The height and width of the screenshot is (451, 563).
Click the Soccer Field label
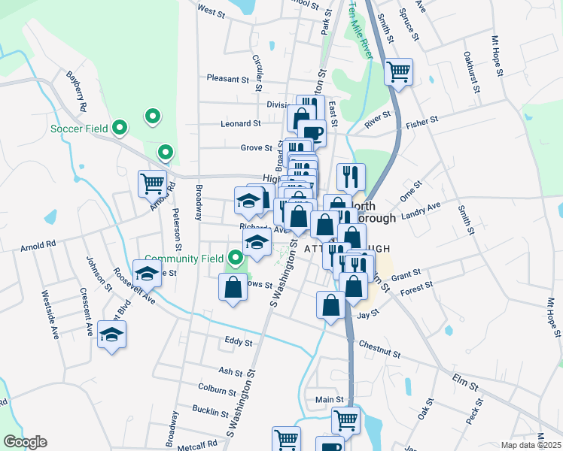(x=80, y=129)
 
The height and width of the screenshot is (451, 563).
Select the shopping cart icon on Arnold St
(x=152, y=183)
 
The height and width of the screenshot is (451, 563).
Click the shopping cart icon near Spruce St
(x=398, y=73)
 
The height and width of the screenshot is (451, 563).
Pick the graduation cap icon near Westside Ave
(x=111, y=334)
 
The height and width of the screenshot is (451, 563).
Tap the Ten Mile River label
(x=361, y=31)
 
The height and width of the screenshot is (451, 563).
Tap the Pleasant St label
(x=228, y=78)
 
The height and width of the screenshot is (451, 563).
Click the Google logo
(x=25, y=442)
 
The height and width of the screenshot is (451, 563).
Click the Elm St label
(x=466, y=378)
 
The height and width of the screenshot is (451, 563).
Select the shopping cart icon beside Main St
(x=345, y=419)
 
